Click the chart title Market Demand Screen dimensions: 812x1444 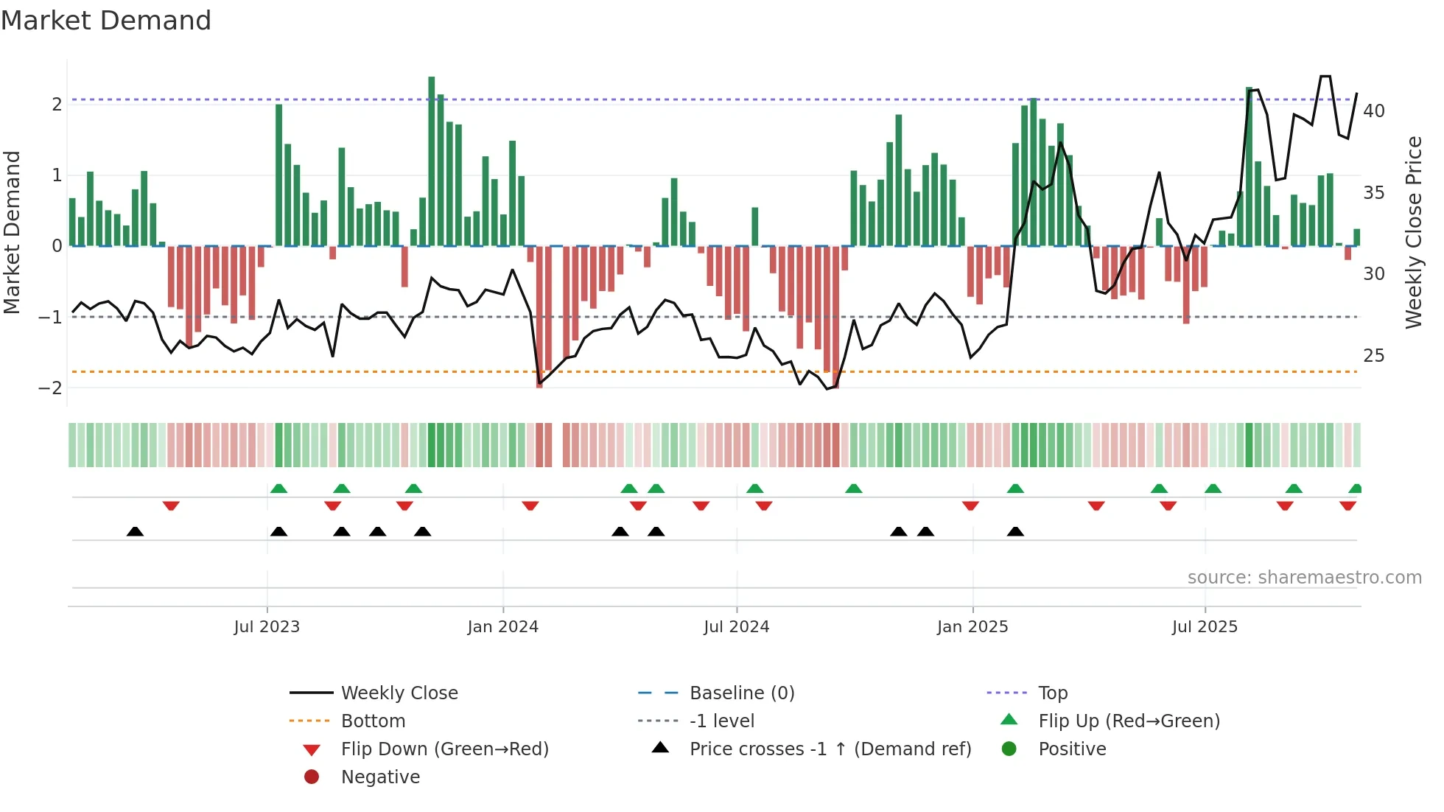(106, 21)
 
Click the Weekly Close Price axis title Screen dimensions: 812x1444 (1413, 232)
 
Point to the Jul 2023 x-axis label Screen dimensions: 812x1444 (267, 627)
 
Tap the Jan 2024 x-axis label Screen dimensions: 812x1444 (503, 627)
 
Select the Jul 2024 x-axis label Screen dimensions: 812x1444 (736, 627)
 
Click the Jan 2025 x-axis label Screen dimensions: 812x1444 (972, 627)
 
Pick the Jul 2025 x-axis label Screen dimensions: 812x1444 (1205, 627)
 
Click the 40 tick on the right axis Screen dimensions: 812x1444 (1373, 111)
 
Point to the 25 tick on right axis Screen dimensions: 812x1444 (1373, 356)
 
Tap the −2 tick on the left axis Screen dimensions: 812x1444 (51, 388)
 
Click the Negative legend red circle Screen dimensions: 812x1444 (312, 777)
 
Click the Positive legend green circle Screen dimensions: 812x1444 (1009, 749)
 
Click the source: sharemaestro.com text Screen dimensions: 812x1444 (1304, 578)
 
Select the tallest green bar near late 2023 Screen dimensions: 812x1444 (432, 162)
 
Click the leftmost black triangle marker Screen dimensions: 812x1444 (135, 531)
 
